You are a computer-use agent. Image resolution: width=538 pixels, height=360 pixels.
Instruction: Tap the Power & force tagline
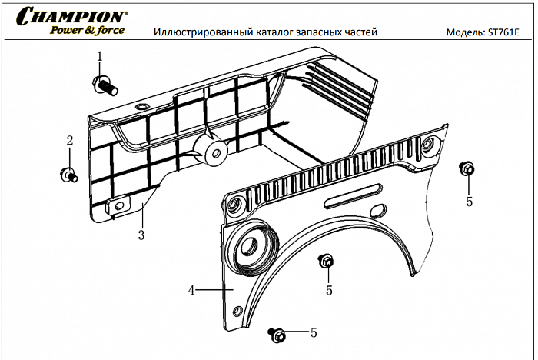(x=87, y=31)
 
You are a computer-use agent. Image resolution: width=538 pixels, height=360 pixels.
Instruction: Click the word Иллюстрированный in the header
(x=199, y=32)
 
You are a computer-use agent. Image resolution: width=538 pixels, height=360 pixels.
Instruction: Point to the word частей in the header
(x=360, y=32)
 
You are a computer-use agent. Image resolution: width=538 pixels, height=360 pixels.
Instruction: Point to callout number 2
(x=69, y=141)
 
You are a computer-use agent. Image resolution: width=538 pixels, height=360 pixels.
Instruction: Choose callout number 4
(x=191, y=290)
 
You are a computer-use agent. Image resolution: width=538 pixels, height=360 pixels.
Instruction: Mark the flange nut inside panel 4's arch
(x=326, y=262)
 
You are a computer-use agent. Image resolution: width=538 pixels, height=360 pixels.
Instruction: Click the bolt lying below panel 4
(x=277, y=334)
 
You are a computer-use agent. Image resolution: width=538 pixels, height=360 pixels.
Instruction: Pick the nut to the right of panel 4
(x=466, y=168)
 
